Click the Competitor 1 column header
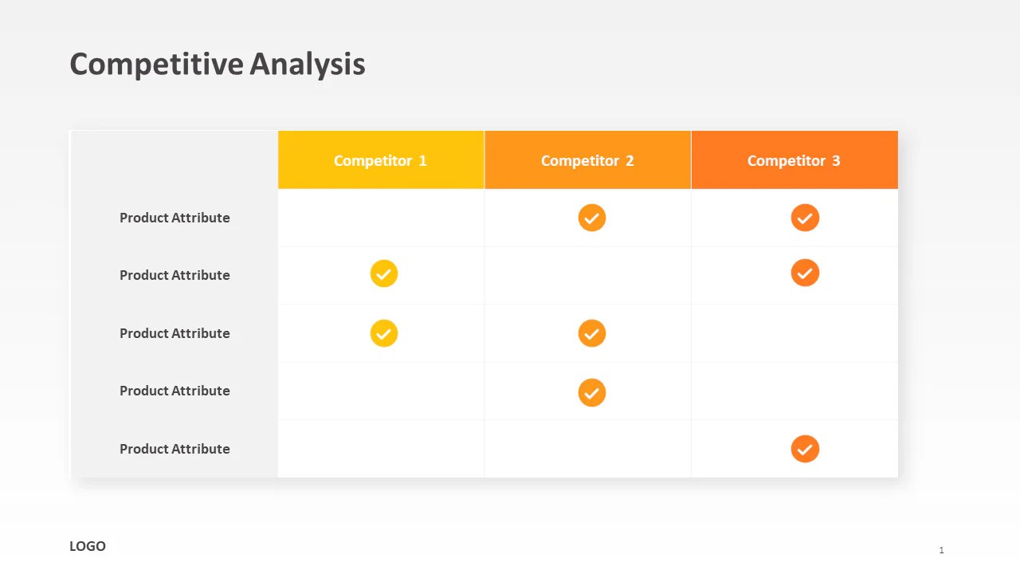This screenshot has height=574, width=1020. pyautogui.click(x=380, y=160)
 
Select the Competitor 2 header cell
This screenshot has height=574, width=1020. pyautogui.click(x=587, y=160)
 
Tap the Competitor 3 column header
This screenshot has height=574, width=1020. pyautogui.click(x=794, y=160)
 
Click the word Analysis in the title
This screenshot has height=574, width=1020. pyautogui.click(x=308, y=64)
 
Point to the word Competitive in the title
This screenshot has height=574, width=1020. pyautogui.click(x=156, y=64)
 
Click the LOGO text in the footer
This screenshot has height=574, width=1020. pyautogui.click(x=88, y=546)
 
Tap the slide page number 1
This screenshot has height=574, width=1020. pyautogui.click(x=941, y=550)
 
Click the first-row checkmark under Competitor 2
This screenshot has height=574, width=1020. pyautogui.click(x=592, y=218)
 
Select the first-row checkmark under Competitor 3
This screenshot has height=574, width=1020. pyautogui.click(x=805, y=218)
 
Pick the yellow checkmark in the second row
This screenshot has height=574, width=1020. pyautogui.click(x=384, y=273)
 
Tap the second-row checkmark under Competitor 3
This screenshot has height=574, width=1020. pyautogui.click(x=805, y=273)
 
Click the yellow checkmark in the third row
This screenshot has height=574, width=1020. pyautogui.click(x=384, y=333)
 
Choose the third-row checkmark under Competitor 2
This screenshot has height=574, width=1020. pyautogui.click(x=592, y=333)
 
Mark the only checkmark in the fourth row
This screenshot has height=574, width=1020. pyautogui.click(x=592, y=392)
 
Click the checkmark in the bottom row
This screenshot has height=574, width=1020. pyautogui.click(x=805, y=449)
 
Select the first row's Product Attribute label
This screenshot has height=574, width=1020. pyautogui.click(x=175, y=218)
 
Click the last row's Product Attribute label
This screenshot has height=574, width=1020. pyautogui.click(x=175, y=449)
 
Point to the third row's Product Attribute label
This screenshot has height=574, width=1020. pyautogui.click(x=175, y=333)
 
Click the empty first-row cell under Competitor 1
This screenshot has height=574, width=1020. pyautogui.click(x=381, y=218)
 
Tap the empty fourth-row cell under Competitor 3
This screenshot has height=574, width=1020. pyautogui.click(x=794, y=391)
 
